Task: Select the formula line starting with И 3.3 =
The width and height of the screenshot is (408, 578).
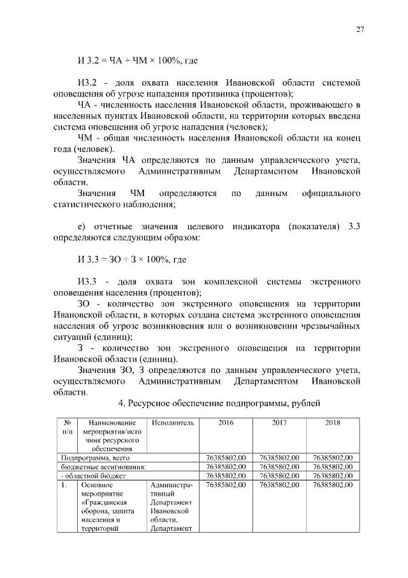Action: coord(131,259)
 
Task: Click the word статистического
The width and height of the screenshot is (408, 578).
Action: coord(94,204)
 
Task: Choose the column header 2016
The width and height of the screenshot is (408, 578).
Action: coord(226,423)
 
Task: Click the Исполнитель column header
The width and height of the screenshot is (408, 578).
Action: coord(172,423)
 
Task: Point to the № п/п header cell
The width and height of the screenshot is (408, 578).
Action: coord(66,427)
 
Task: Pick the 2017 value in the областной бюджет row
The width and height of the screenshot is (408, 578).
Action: coord(279,475)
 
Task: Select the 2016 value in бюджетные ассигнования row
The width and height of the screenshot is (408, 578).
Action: coord(226,466)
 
